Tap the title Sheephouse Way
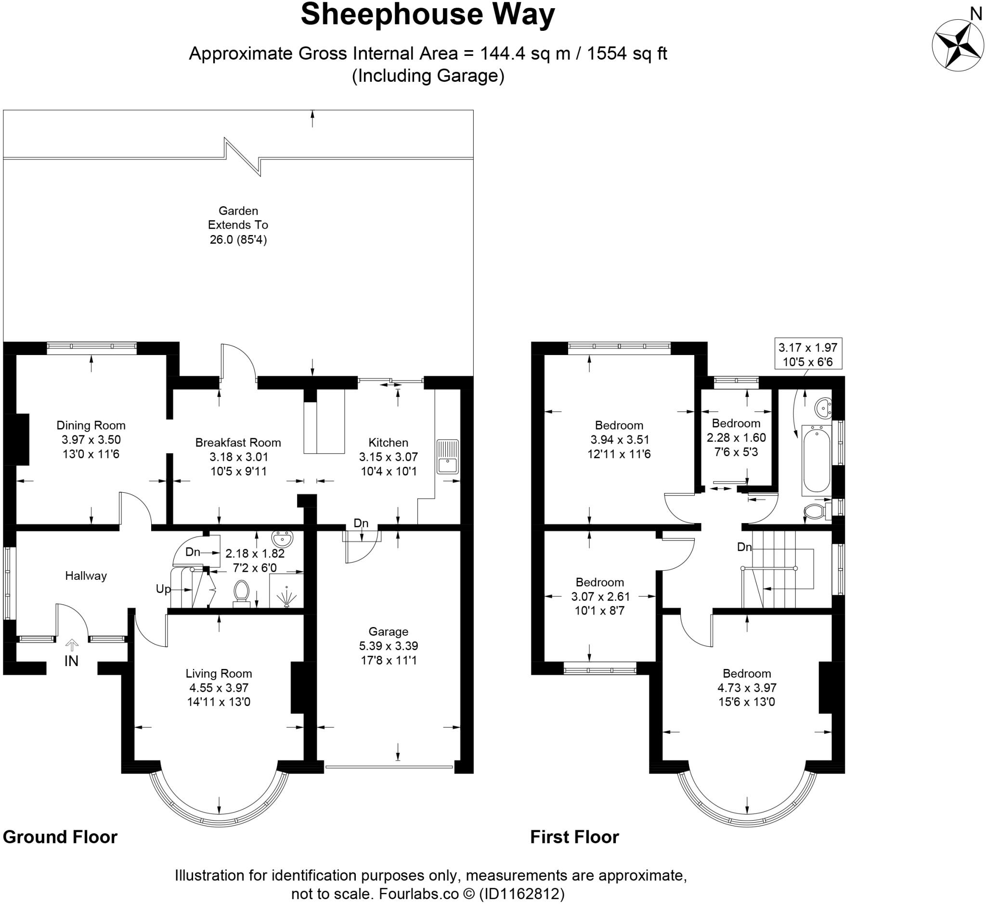coord(428,14)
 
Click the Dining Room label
coord(91,426)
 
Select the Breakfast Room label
coord(238,443)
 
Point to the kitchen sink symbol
coord(448,457)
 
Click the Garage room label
coord(389,631)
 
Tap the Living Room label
coord(219,674)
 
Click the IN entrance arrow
coord(72,645)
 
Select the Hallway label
coord(86,576)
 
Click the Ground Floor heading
coord(60,837)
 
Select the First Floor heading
coord(575,837)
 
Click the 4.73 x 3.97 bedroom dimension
coord(747,688)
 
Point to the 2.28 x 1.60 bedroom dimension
coord(736,438)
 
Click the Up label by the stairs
coord(163,590)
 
